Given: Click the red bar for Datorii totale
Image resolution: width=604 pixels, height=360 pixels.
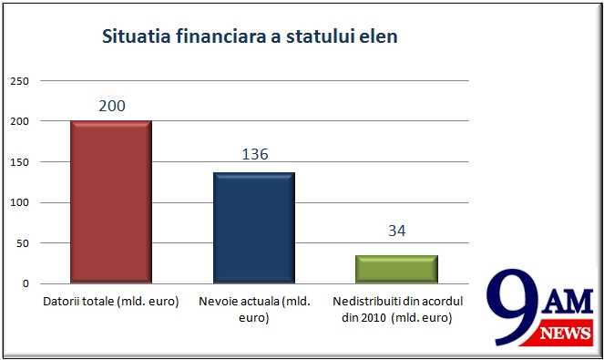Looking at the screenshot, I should [111, 201].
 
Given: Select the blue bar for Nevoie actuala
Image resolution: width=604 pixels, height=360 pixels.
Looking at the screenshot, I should [254, 228].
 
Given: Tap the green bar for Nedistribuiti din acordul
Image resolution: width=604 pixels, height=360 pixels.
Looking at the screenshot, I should [397, 269].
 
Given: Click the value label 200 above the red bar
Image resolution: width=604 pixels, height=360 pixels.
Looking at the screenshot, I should [111, 106].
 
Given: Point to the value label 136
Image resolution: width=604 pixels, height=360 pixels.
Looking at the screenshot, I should [255, 154].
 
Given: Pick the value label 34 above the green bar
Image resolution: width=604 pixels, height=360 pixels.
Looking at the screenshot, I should [396, 231].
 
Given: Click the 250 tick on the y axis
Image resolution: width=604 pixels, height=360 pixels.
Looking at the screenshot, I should [21, 81].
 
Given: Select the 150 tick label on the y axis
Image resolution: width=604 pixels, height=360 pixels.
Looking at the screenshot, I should [21, 162].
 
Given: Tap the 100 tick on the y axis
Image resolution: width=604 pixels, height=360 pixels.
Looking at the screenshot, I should [21, 202].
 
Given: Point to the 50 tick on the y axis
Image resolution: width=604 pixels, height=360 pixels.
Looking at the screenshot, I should [24, 243].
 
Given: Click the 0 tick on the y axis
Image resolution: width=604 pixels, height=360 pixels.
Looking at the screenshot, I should [26, 283].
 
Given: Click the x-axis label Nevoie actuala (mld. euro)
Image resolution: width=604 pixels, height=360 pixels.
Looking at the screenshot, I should [254, 308].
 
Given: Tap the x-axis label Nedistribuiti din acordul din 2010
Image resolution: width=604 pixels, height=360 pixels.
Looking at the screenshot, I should [397, 308].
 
